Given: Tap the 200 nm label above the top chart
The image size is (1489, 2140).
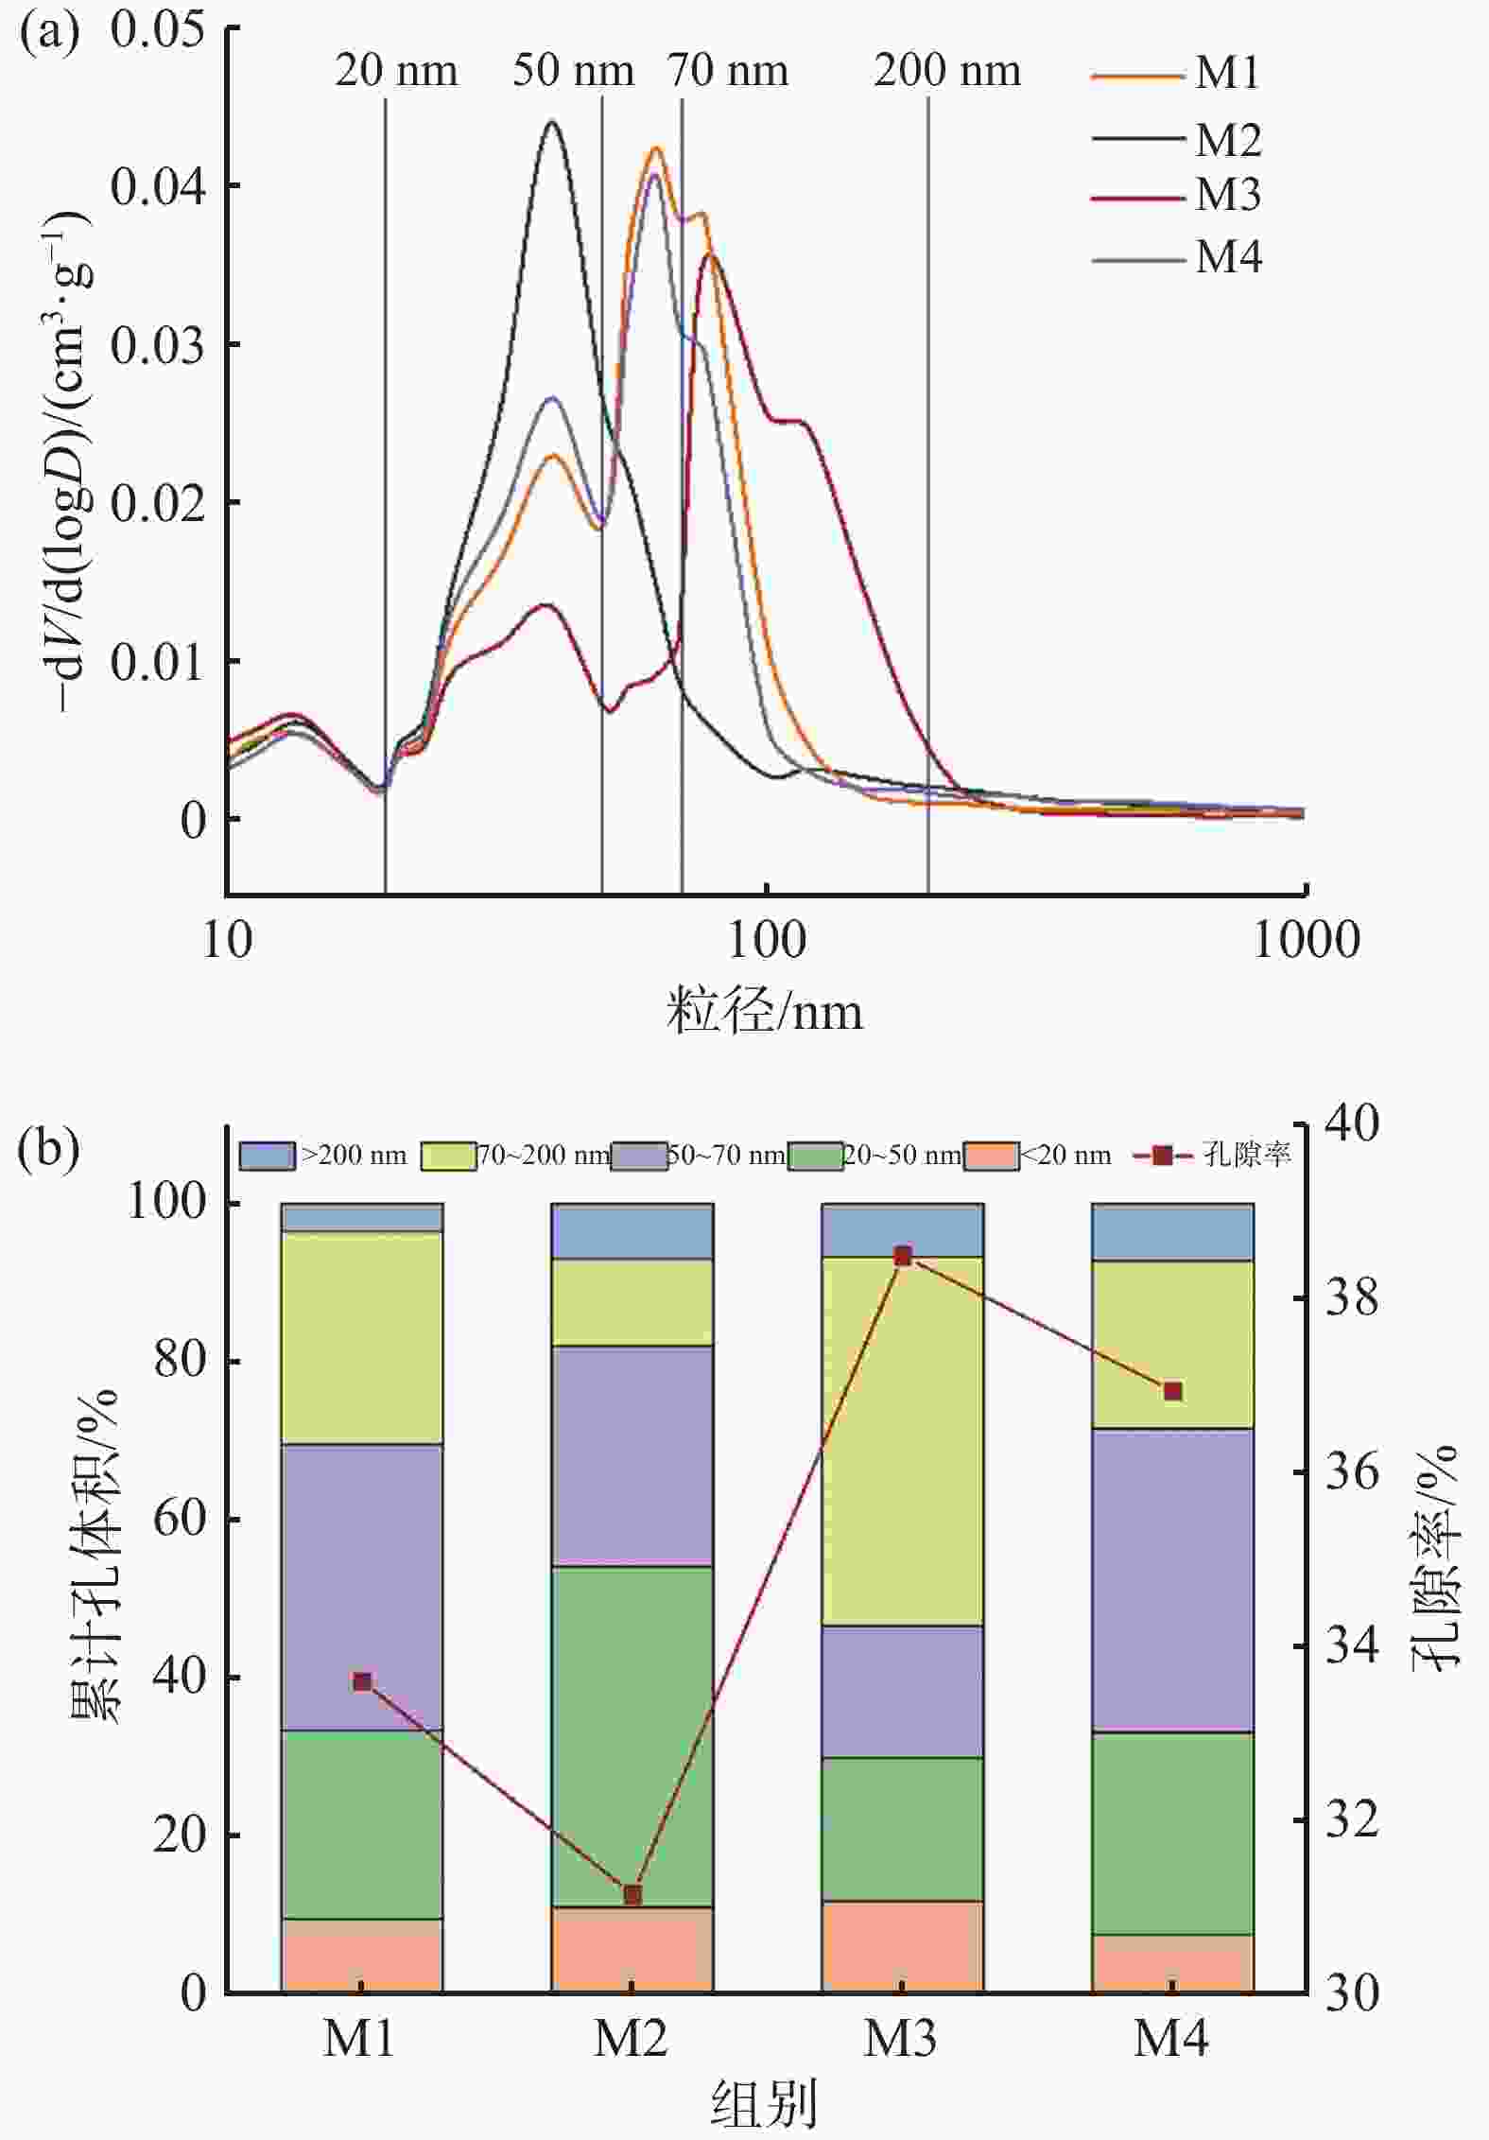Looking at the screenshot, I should pos(946,72).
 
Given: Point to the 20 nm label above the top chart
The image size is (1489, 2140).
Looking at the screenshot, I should pos(396,72).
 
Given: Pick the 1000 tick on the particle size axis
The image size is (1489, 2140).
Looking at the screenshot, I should pos(1306,940).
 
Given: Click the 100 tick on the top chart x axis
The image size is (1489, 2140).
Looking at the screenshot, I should pos(767,940).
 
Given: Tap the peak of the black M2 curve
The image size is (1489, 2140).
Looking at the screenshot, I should pos(552,123).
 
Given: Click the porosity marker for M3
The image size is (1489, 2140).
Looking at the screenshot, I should pos(903,1257).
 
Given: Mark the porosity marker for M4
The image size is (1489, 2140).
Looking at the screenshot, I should pos(1173,1391).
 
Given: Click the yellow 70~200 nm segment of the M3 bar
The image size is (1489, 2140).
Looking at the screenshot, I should pos(903,1437).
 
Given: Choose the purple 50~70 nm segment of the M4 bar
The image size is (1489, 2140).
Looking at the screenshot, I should pos(1173,1579).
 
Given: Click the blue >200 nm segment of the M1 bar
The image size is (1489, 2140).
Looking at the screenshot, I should pos(362,1217).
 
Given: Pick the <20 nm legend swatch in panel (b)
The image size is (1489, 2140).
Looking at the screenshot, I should pos(991,1156).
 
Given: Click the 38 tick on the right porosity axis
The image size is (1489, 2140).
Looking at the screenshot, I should pos(1351,1299).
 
